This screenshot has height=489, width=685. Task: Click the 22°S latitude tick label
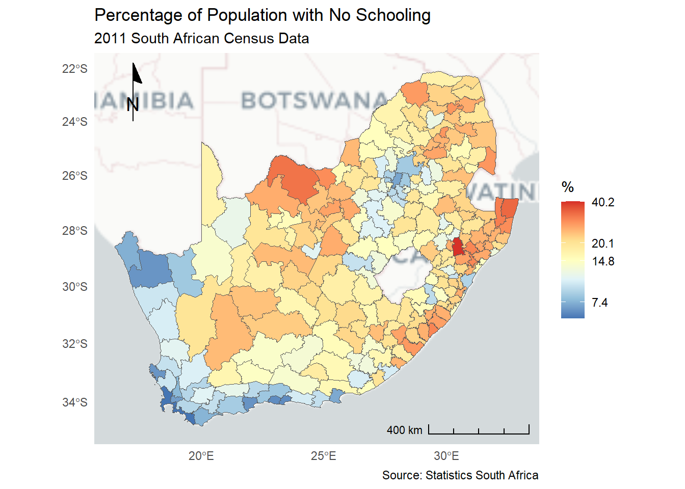tap(75, 69)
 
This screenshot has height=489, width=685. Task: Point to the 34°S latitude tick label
tap(75, 402)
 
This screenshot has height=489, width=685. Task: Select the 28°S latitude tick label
tap(75, 231)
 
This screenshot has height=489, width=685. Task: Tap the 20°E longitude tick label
tap(201, 456)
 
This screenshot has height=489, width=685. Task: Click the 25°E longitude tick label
tap(324, 456)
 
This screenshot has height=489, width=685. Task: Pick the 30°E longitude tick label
tap(446, 456)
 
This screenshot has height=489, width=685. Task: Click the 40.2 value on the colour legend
tap(603, 202)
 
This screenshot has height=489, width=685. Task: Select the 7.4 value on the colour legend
tap(599, 303)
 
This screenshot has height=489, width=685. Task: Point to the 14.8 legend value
tap(603, 261)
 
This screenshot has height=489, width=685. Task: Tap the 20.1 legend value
tap(603, 243)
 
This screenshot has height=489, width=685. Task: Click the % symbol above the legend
tap(568, 187)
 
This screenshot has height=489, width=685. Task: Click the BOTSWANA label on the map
tap(314, 100)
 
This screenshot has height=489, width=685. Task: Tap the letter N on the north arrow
tap(133, 104)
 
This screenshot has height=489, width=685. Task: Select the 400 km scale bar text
tap(404, 430)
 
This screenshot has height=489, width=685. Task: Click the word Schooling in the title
tap(393, 15)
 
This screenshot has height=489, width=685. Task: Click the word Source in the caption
tap(402, 475)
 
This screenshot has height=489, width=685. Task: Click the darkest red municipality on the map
tap(458, 247)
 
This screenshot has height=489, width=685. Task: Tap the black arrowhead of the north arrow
tap(136, 73)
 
